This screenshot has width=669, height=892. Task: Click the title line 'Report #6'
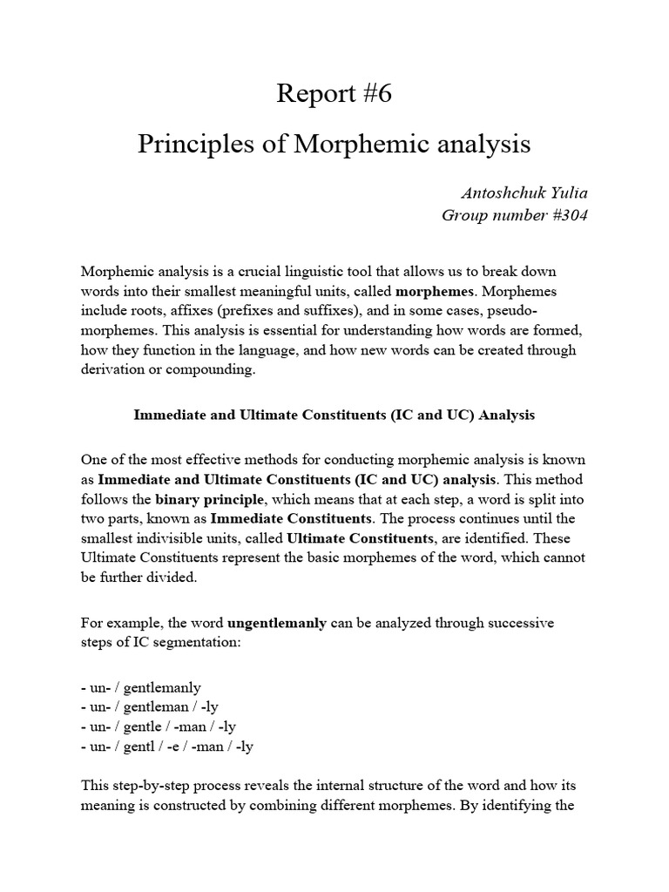334,94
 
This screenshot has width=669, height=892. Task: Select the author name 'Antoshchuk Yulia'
526,193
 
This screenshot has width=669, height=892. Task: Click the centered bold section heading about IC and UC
334,416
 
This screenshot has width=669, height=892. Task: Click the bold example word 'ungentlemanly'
277,623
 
